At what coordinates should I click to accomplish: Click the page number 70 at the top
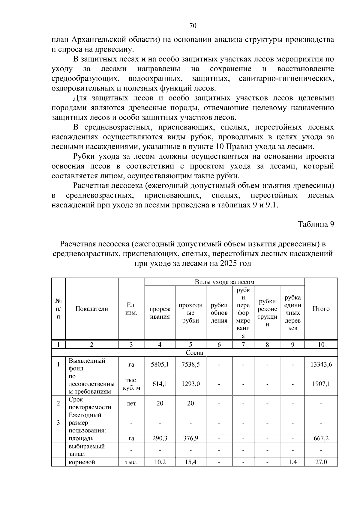(x=193, y=26)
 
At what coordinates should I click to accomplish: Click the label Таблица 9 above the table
(x=316, y=224)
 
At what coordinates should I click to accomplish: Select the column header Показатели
(x=91, y=309)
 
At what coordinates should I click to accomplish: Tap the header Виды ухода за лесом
(x=224, y=282)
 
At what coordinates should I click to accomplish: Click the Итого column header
(x=321, y=309)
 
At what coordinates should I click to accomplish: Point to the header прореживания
(x=160, y=313)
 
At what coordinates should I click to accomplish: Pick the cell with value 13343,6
(x=321, y=365)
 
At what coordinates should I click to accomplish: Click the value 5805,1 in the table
(x=160, y=365)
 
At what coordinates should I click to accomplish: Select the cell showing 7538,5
(x=190, y=365)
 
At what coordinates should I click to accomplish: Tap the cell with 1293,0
(x=190, y=384)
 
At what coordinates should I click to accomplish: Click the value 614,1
(x=160, y=384)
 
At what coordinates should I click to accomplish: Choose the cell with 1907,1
(x=321, y=384)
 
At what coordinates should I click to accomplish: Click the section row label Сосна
(x=194, y=353)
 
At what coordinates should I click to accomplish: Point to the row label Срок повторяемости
(x=90, y=403)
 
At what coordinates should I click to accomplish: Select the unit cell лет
(x=131, y=403)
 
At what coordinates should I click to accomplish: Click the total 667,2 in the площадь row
(x=321, y=439)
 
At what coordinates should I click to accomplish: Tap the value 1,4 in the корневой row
(x=292, y=462)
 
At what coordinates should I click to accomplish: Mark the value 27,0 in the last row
(x=321, y=462)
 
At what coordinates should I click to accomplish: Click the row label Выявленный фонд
(x=87, y=365)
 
